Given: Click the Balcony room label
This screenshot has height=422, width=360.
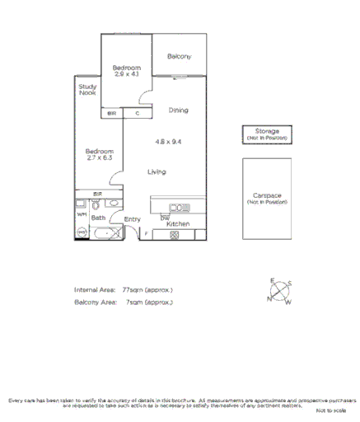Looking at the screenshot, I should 179,56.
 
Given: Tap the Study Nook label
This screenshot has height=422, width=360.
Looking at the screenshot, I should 87,90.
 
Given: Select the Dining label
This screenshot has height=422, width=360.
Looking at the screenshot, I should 179,110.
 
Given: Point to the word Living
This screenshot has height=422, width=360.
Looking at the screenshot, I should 157,171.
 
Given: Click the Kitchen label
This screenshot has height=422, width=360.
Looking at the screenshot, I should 178,224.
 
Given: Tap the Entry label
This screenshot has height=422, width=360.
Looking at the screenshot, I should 132,219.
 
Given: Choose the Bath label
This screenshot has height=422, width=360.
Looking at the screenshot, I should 98,218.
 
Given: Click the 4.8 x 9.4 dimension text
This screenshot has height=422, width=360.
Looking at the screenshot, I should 168,141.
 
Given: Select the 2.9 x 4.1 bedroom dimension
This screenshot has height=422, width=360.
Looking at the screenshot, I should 127,75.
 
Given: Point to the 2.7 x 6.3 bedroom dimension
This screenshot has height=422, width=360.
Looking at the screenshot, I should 99,159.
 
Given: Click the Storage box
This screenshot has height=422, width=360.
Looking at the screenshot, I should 266,134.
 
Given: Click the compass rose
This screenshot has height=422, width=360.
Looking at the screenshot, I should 279,292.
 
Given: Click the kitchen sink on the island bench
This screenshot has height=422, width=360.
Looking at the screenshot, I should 179,206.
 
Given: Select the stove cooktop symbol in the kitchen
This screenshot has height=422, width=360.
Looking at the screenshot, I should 174,235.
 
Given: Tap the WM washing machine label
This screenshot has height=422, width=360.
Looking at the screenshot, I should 82,214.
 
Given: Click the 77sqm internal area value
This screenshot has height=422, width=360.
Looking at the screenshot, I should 131,290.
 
